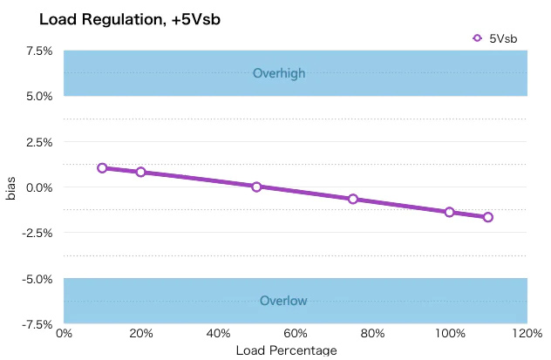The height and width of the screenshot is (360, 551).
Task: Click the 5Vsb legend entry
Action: click(494, 37)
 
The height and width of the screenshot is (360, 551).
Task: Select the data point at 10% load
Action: click(102, 167)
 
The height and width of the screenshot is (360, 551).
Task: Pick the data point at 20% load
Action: click(140, 172)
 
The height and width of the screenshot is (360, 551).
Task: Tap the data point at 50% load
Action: click(256, 187)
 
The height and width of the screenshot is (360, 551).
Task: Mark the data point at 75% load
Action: click(353, 199)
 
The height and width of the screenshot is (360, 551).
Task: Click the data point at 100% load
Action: click(450, 212)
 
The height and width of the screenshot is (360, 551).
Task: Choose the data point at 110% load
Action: click(488, 217)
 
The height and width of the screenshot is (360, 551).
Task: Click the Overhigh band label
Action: click(279, 73)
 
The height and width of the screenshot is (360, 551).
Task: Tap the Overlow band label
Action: click(283, 301)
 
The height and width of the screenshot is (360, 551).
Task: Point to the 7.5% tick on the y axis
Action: click(39, 51)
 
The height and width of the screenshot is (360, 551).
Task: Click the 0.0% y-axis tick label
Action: click(39, 187)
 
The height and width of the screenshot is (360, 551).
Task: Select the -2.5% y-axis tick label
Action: click(37, 233)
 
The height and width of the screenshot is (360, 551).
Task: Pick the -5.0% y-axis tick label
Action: click(37, 279)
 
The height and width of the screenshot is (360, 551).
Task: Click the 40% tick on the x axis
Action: click(218, 333)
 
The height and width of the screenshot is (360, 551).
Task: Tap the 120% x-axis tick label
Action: click(527, 333)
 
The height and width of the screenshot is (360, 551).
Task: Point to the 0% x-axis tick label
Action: click(64, 333)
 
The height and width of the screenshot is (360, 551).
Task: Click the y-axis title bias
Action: click(11, 187)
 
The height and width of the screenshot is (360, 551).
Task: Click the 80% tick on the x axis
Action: click(372, 333)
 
